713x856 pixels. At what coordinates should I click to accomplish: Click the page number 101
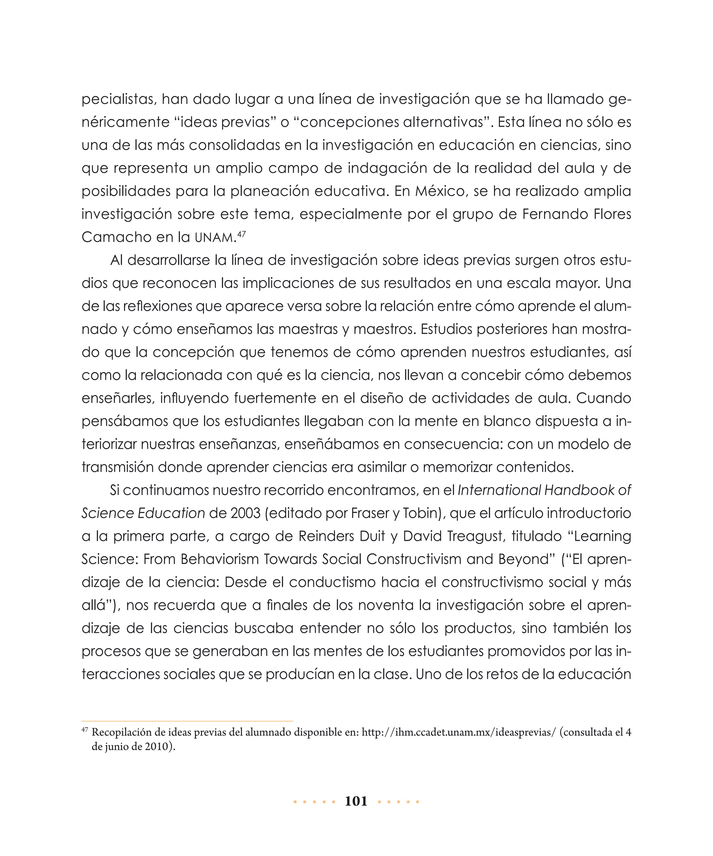click(x=356, y=801)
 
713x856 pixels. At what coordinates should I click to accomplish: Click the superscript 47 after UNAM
click(x=241, y=234)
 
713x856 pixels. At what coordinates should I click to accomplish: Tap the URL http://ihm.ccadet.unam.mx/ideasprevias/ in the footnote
click(x=459, y=732)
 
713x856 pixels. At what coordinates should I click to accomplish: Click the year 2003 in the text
click(x=245, y=513)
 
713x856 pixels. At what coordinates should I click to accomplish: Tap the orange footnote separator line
click(x=187, y=721)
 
